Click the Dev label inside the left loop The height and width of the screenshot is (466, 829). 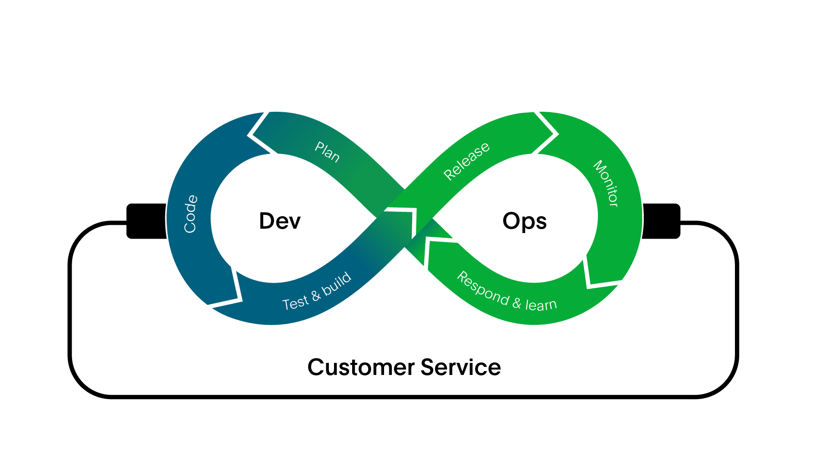click(280, 221)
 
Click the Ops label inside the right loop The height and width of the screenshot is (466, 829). click(524, 221)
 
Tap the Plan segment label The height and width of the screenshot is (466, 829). click(327, 152)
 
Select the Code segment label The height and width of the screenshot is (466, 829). click(190, 214)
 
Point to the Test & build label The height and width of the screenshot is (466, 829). click(317, 292)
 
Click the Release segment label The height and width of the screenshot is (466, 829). click(467, 161)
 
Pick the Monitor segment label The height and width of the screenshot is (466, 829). click(606, 183)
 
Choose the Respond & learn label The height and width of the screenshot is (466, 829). click(507, 292)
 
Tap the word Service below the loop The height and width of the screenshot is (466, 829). click(460, 368)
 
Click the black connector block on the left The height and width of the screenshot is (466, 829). click(147, 221)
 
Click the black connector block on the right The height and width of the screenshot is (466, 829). click(661, 221)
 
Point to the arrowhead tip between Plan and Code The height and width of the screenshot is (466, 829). click(249, 135)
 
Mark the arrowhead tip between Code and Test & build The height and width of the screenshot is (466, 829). click(240, 299)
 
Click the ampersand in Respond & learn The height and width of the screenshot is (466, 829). click(517, 302)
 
